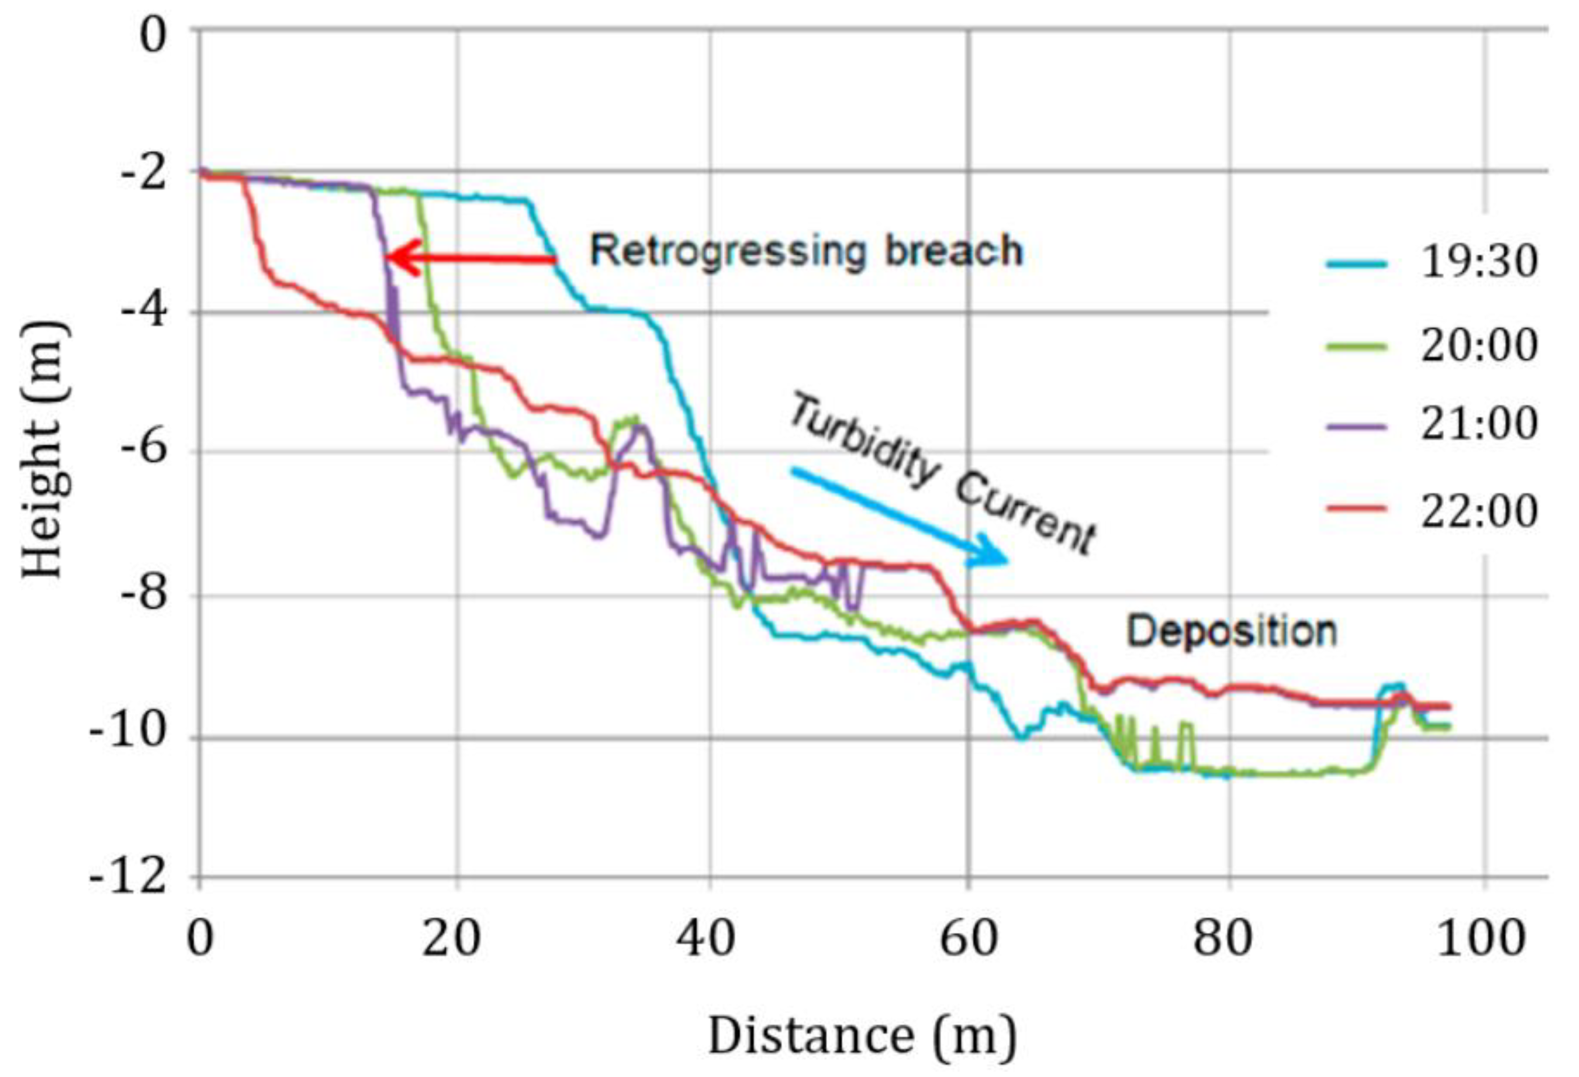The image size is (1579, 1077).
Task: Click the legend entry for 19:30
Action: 1434,262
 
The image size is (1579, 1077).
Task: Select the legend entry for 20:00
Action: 1434,346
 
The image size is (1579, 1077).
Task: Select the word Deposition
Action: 1232,632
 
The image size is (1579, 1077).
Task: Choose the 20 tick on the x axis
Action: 450,939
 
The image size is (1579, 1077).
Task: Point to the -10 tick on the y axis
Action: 129,737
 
